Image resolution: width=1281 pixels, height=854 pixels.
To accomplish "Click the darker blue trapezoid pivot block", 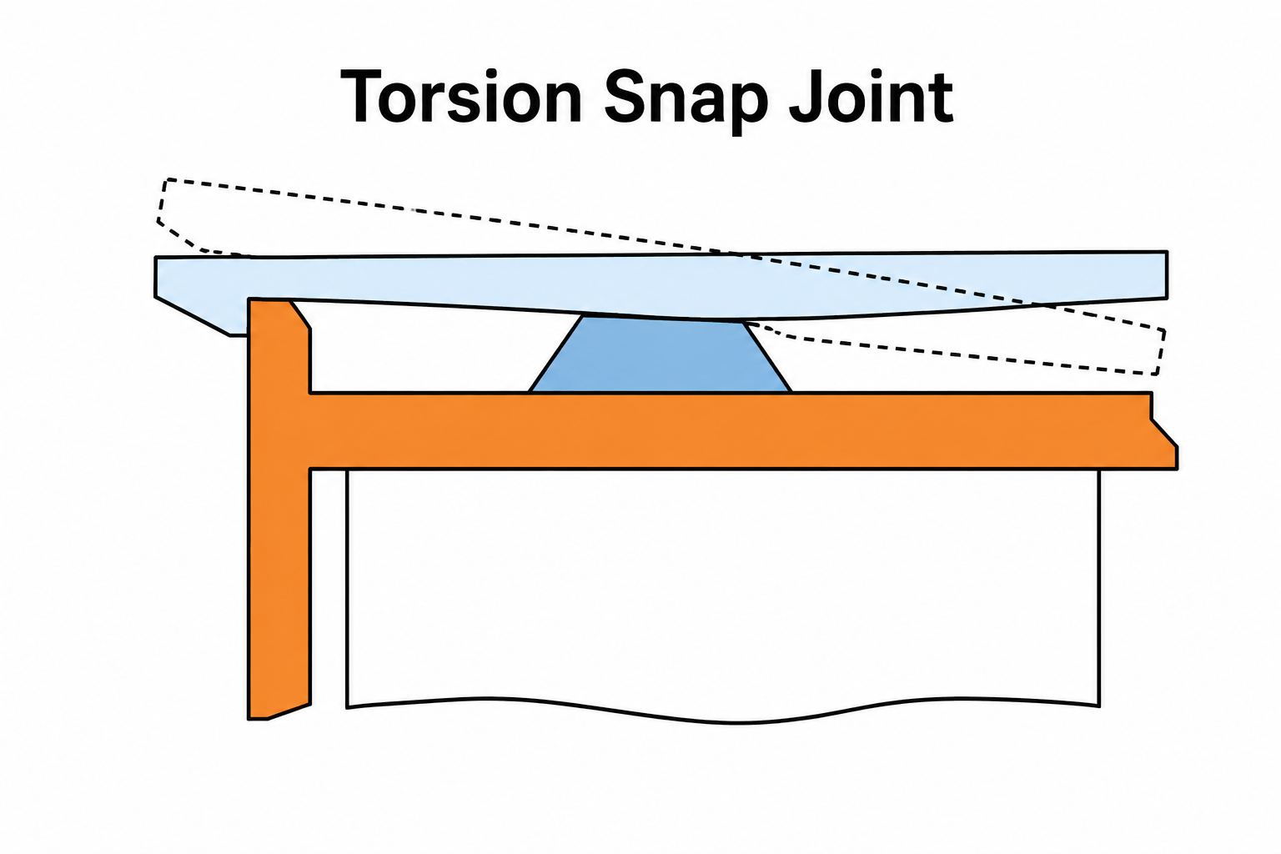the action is pos(661,354).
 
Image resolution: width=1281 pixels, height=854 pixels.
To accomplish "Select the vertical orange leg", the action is pos(279,509).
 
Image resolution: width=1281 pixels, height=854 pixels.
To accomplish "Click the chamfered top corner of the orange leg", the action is pos(301,314).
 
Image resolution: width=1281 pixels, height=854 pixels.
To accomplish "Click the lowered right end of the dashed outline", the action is pos(1160,352).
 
